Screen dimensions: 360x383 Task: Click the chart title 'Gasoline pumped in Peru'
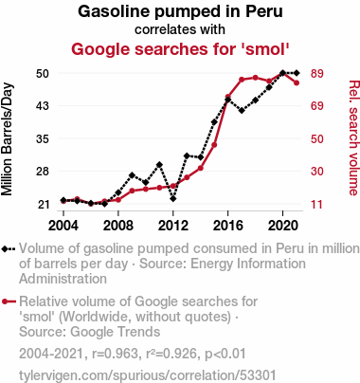(180, 11)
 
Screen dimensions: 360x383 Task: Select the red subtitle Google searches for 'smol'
(180, 49)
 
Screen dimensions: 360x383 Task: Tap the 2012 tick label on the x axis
(172, 226)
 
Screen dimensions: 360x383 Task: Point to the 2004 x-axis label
(63, 226)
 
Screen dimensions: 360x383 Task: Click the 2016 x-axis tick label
(228, 226)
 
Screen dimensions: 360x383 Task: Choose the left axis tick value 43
(43, 105)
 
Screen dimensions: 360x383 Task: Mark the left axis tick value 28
(43, 172)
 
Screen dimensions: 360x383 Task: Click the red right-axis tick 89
(317, 73)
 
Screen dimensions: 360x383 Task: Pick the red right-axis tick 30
(317, 172)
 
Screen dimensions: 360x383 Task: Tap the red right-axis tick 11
(317, 205)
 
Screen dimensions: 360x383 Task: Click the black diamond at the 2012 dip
(172, 199)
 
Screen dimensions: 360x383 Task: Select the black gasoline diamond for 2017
(242, 111)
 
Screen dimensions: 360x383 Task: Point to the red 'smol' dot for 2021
(297, 83)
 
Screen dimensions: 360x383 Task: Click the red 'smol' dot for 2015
(214, 145)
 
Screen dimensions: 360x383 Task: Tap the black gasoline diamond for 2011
(159, 165)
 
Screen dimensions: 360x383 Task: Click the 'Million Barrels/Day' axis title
(7, 139)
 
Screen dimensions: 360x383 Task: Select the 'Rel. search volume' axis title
(353, 137)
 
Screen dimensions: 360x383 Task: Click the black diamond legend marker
(5, 249)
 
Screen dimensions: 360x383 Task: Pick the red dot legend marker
(5, 301)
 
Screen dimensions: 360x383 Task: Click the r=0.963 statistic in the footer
(115, 354)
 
